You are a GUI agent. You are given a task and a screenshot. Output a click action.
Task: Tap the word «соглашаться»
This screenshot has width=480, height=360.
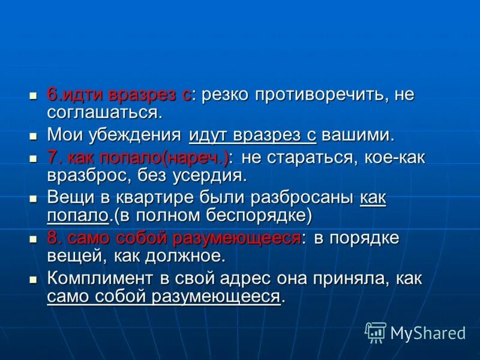[104, 112]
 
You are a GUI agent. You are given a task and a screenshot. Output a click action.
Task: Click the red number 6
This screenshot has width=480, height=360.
[52, 95]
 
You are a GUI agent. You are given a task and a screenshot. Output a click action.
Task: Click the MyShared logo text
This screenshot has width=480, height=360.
[428, 332]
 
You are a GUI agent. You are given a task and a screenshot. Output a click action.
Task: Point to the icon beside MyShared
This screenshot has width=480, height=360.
[376, 332]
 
